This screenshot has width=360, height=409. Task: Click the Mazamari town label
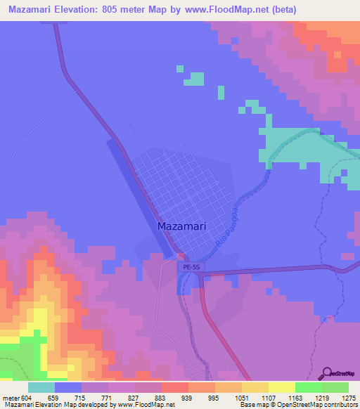(x=181, y=227)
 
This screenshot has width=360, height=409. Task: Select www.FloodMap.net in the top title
(x=229, y=10)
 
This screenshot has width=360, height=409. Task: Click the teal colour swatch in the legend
(x=41, y=388)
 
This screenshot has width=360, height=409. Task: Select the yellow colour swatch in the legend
(x=282, y=388)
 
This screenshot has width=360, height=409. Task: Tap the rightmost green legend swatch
(x=335, y=388)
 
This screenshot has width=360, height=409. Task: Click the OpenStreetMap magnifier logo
(x=328, y=372)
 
